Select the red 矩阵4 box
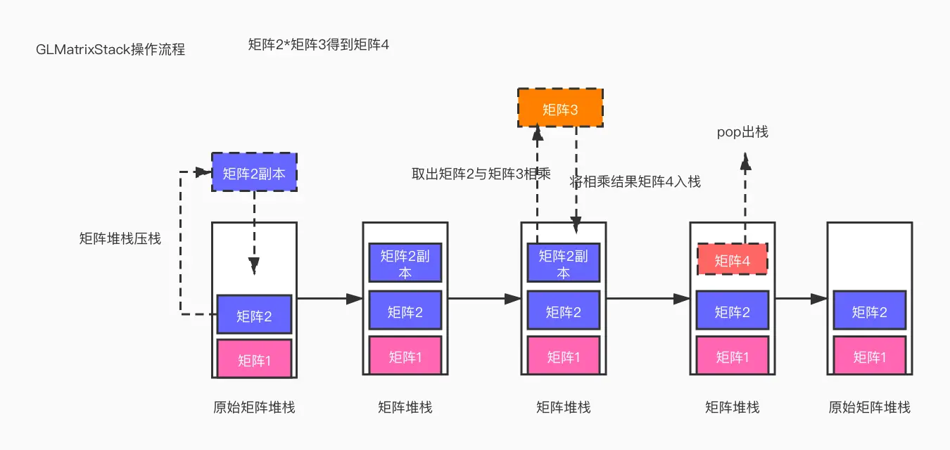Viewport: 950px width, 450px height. [732, 260]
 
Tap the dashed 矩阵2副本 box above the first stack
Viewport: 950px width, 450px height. [254, 172]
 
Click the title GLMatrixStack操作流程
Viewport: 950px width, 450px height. [110, 50]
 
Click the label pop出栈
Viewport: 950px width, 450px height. [742, 131]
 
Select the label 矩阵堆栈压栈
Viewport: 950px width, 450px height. [120, 239]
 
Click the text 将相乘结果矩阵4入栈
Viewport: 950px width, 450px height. [635, 181]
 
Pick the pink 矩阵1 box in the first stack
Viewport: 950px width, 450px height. [254, 359]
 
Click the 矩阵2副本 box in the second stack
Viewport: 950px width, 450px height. [405, 263]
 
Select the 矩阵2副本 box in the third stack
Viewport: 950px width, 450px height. [563, 263]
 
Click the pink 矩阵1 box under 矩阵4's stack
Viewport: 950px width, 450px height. [732, 356]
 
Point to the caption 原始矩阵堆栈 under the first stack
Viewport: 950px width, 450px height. [254, 407]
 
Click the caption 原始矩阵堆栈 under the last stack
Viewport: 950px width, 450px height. [869, 407]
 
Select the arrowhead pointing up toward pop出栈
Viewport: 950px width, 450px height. [745, 164]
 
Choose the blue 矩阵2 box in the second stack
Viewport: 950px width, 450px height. [405, 311]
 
